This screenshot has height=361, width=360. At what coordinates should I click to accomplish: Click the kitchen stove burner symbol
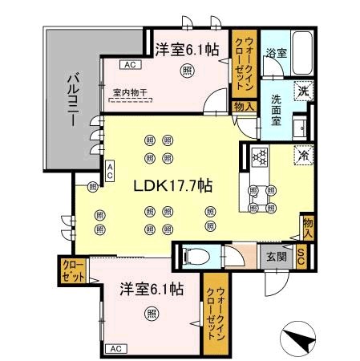click(259, 156)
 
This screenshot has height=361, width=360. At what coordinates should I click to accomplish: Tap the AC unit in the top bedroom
click(129, 65)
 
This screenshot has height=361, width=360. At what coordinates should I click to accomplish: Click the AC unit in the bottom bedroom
click(115, 349)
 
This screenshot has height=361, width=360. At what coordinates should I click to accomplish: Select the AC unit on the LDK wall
click(110, 170)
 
